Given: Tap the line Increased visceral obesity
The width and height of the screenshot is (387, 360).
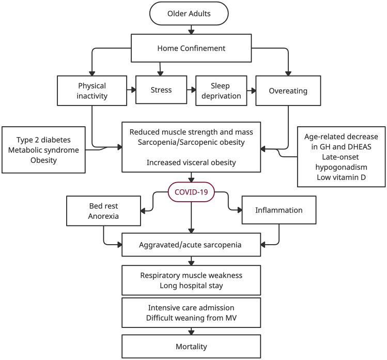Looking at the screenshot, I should tap(192, 162).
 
